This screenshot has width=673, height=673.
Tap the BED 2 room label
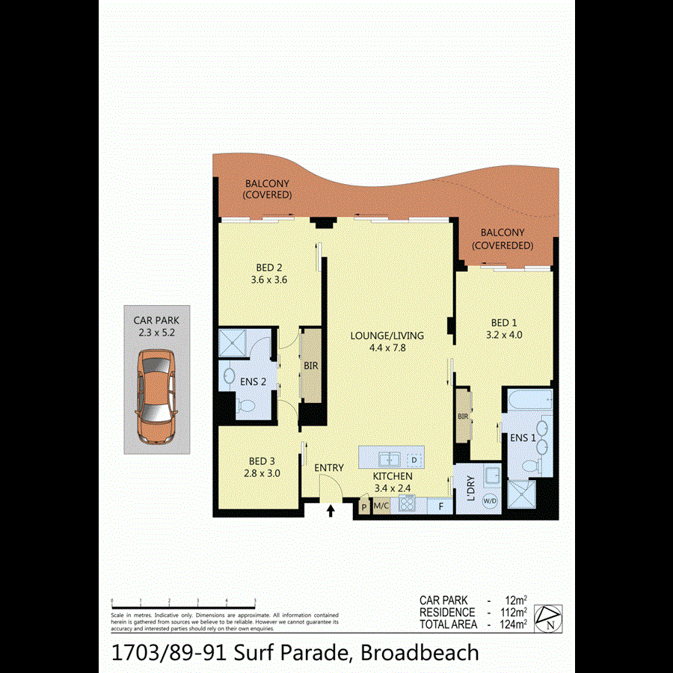click(x=268, y=274)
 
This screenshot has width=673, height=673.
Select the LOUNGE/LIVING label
click(x=387, y=341)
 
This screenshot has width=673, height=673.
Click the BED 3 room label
click(x=262, y=467)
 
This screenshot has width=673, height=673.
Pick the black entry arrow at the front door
click(x=331, y=511)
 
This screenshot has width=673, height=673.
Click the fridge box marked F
click(x=441, y=505)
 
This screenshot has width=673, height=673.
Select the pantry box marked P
click(x=364, y=506)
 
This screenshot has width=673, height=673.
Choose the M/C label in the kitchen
click(x=381, y=506)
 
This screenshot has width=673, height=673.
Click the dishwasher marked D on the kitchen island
click(x=414, y=458)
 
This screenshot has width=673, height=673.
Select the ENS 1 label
click(x=523, y=438)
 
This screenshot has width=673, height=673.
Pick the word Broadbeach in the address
click(x=420, y=652)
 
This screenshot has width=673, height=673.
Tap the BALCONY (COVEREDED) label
click(x=503, y=239)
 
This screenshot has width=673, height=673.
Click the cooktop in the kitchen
click(x=408, y=503)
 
